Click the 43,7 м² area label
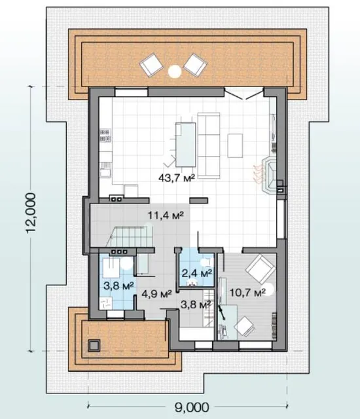(176, 177)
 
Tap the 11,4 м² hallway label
(166, 215)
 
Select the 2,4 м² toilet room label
(197, 273)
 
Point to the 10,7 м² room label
(247, 293)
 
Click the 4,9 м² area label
(156, 294)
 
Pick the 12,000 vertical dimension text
(31, 213)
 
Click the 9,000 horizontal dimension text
(192, 407)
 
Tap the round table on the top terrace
(175, 71)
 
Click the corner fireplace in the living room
(270, 176)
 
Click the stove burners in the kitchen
(105, 136)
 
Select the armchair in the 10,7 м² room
(261, 269)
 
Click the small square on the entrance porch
(94, 346)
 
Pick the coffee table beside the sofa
(235, 145)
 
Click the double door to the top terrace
(244, 93)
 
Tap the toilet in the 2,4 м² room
(192, 283)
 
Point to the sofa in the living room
(209, 145)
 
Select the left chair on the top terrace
(151, 65)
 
